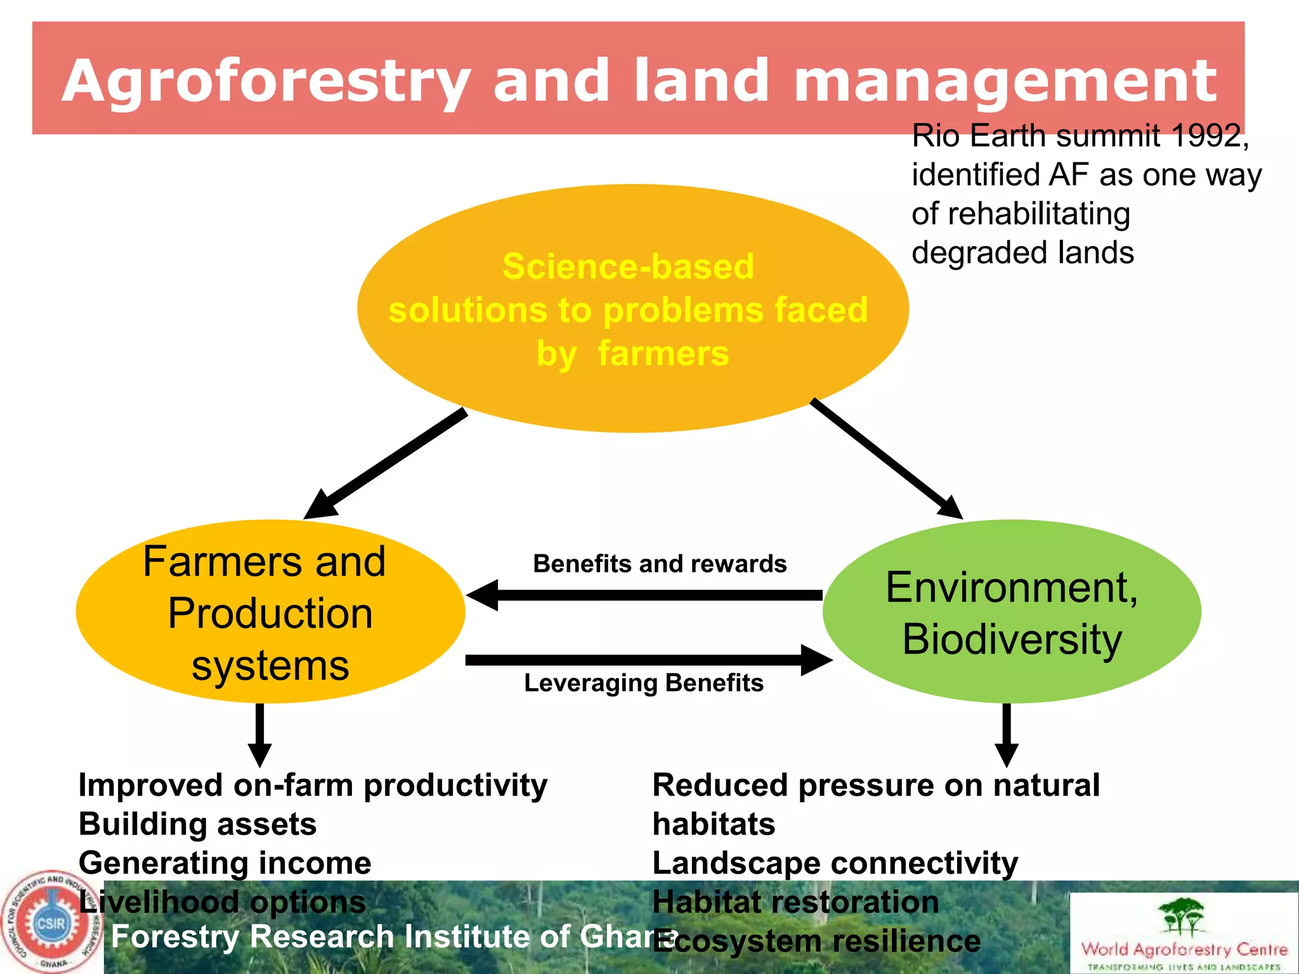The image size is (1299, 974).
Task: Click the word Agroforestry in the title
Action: coord(266,81)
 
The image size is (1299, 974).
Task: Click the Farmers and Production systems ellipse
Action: coord(270,612)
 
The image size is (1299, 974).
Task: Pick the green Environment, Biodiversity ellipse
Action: coord(1012,612)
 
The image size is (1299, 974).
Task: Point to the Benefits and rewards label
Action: coord(660,564)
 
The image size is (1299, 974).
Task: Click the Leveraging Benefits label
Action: coord(643,683)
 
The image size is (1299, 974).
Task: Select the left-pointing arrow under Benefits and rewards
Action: coord(644,595)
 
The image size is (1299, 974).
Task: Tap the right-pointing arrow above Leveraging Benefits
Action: coord(647,660)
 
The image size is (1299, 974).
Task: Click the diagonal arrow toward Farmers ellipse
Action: coord(387,464)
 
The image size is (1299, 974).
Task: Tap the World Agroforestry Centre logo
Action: coord(1184,932)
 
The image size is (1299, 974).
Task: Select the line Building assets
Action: coord(197,824)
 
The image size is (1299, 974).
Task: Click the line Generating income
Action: coord(225,863)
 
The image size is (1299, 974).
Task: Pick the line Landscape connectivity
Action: coord(835,863)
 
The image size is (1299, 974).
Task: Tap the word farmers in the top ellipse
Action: coord(663,353)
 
